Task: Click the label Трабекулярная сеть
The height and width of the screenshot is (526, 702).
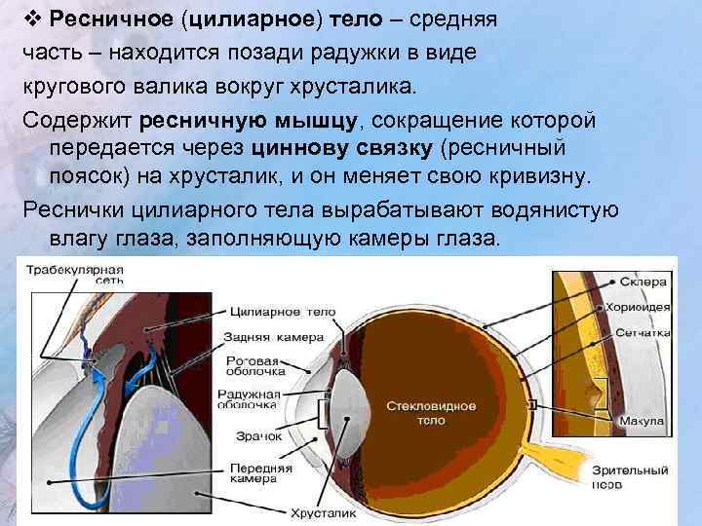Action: (73, 274)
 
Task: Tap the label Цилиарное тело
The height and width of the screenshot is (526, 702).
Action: (284, 312)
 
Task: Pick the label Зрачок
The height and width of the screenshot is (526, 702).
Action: (257, 437)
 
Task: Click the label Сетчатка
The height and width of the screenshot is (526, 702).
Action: (643, 332)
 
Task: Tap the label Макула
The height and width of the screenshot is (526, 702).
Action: (643, 421)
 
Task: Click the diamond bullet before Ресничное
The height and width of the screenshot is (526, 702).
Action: (33, 19)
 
